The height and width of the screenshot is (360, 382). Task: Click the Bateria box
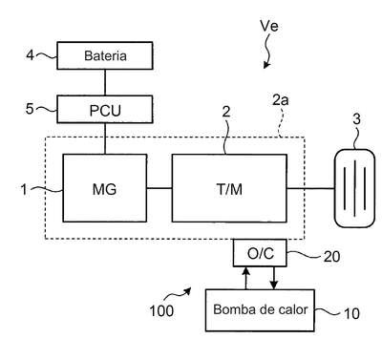point(105,55)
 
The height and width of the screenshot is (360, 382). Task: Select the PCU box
point(105,110)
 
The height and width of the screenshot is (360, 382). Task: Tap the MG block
point(105,188)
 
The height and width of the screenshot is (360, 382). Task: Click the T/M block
point(229,188)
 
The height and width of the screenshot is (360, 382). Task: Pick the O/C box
point(260,253)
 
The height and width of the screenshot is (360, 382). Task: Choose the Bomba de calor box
point(260,310)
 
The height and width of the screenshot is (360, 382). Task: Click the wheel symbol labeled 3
point(354,188)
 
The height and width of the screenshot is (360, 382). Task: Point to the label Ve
point(269,26)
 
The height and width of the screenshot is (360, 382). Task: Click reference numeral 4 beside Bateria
point(30,55)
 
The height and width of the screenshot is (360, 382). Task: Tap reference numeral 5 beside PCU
point(30,109)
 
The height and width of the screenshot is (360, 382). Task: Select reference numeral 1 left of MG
point(24,190)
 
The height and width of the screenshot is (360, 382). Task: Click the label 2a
point(281,100)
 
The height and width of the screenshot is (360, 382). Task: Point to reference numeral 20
point(331,257)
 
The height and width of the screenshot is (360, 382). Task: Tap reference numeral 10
point(351,314)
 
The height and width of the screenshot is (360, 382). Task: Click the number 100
point(161,310)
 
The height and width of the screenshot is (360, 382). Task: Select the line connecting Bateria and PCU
point(105,82)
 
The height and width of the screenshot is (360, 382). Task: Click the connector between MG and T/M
point(159,188)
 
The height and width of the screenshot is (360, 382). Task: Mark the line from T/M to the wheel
point(310,188)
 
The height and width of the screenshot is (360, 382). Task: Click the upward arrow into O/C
point(245,278)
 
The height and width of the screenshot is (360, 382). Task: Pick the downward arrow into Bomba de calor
point(274,278)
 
